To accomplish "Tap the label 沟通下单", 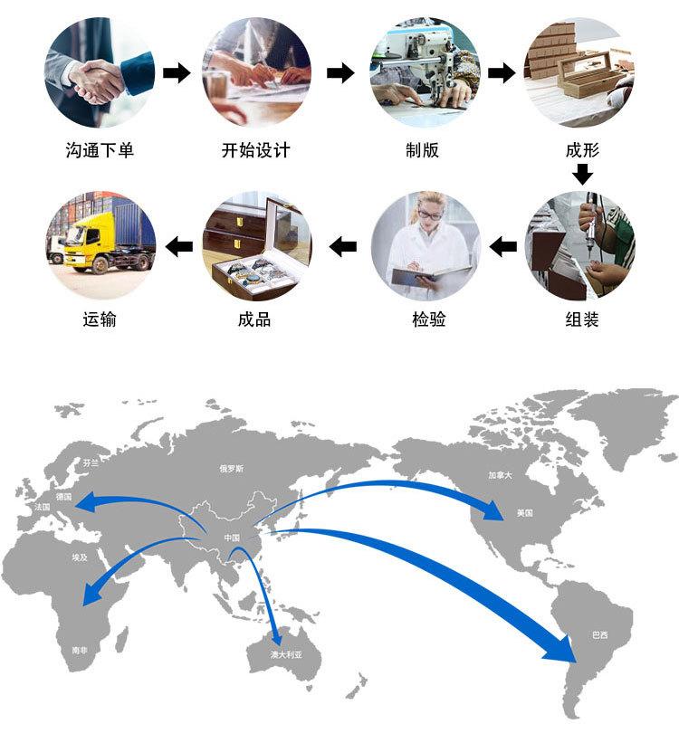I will (x=100, y=150).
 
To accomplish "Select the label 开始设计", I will (x=256, y=150).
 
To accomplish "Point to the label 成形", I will (x=582, y=150).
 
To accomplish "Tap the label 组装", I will (x=582, y=319).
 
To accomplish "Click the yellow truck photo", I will (x=100, y=244).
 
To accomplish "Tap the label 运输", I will (x=100, y=319).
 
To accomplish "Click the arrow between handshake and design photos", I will (x=177, y=73).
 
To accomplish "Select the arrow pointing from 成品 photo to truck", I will (x=177, y=245).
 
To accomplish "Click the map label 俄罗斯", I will (x=232, y=469).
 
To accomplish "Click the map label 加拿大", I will (x=500, y=474).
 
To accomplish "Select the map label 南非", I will (x=80, y=649).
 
